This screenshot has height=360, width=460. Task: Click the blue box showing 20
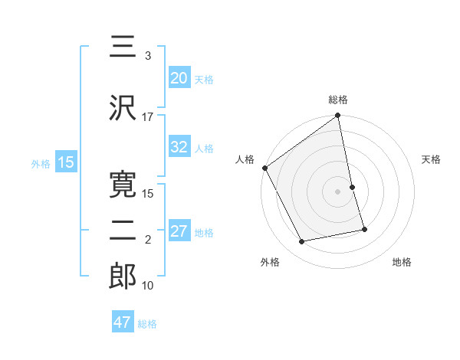(x=179, y=78)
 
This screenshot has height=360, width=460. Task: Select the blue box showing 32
(x=179, y=148)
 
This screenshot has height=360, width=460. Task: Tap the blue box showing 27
(x=179, y=232)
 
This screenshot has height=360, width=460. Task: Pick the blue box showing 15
(x=66, y=162)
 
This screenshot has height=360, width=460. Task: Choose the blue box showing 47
(x=123, y=322)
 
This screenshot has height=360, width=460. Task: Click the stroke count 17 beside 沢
(x=148, y=116)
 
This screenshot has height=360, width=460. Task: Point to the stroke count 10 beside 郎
(x=148, y=286)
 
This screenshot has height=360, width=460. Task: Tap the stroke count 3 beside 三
(x=148, y=55)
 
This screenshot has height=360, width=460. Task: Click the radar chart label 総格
(x=338, y=100)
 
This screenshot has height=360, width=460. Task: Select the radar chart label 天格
(x=431, y=159)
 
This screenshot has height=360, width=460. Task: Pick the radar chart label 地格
(x=402, y=262)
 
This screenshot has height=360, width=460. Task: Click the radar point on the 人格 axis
(x=264, y=168)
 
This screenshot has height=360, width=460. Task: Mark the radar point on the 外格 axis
(x=302, y=242)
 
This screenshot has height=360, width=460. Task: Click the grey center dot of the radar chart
(x=338, y=191)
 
